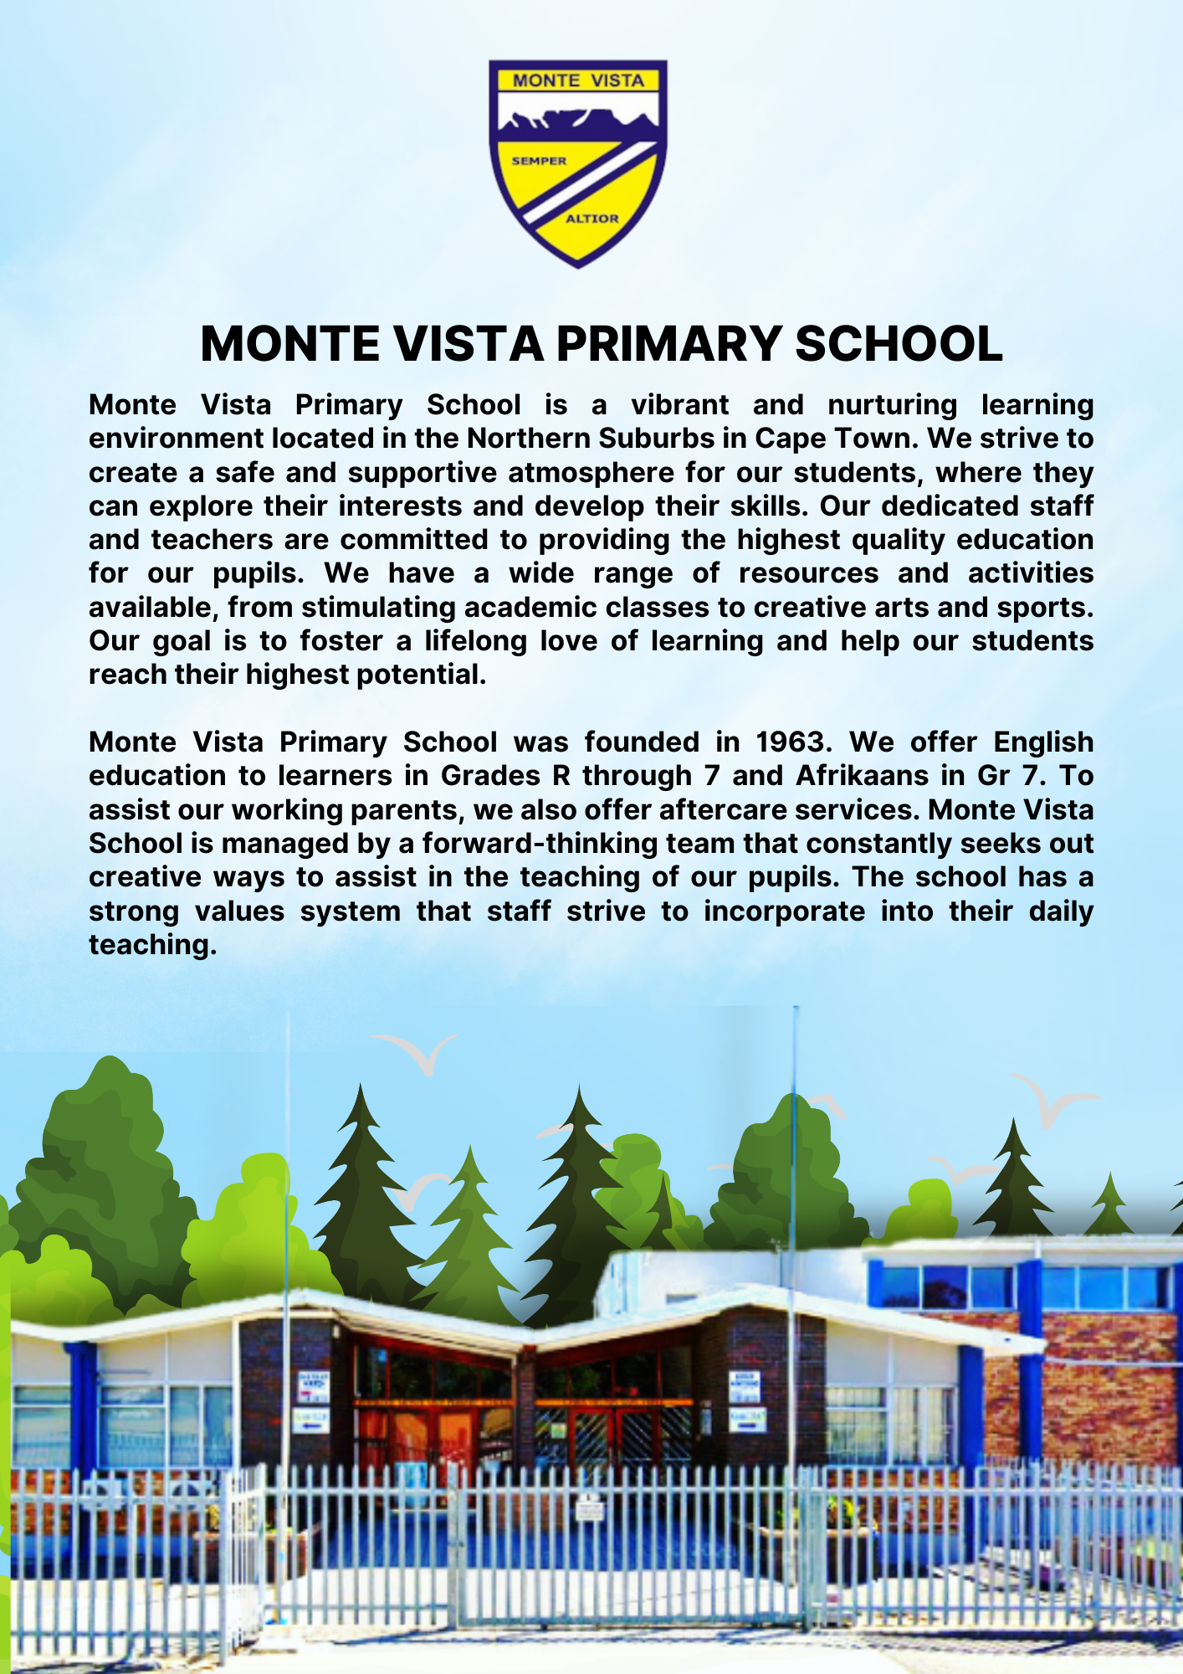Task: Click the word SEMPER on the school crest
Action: (x=539, y=161)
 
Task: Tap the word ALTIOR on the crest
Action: (x=592, y=218)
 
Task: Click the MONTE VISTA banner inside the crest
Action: (x=578, y=80)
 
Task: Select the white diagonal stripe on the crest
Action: (x=585, y=182)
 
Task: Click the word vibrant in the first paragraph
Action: (x=679, y=405)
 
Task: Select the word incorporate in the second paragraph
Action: (x=784, y=911)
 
